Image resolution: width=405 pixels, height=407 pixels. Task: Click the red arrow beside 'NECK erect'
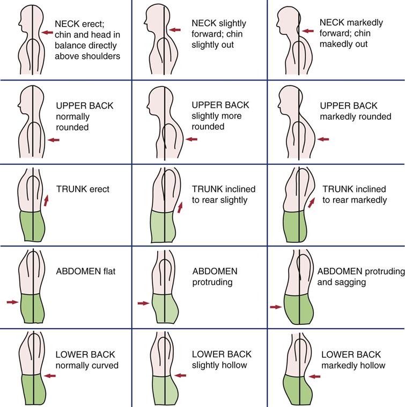coord(48,33)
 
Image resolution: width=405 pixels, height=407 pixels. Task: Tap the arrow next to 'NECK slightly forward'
coord(175,30)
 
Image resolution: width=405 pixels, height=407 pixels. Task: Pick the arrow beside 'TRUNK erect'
coord(46,201)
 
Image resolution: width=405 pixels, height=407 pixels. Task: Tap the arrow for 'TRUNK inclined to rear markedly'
coord(312,202)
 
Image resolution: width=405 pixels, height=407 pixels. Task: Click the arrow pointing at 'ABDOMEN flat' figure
coord(12,302)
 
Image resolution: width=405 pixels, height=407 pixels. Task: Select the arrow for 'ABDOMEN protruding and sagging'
coord(276,307)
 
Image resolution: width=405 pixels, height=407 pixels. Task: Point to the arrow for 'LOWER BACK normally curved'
coord(50,376)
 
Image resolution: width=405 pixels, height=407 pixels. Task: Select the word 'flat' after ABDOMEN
coord(107,272)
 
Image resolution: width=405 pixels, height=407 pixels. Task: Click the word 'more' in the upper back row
coord(231,116)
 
